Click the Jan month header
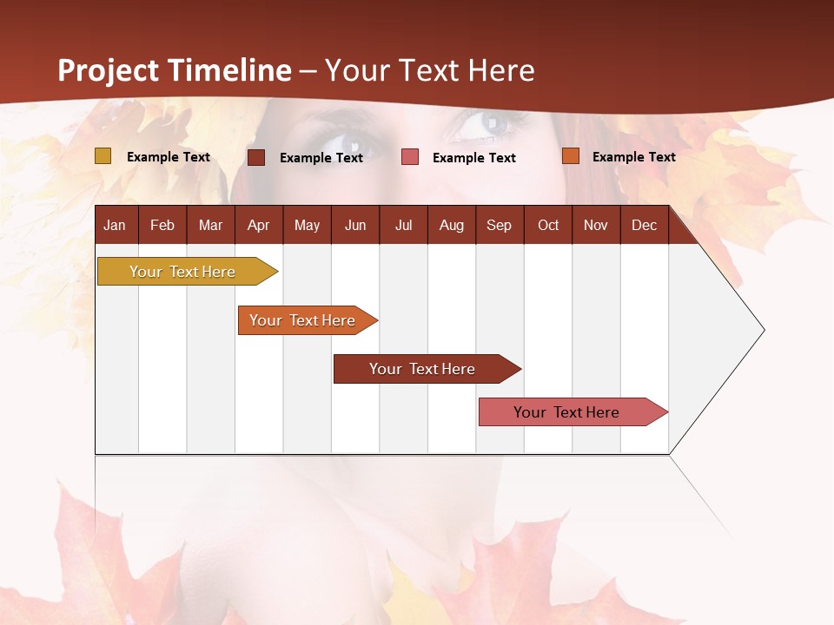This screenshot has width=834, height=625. pos(115,226)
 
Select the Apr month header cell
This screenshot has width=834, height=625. pos(258,226)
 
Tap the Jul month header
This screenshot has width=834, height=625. pos(403,226)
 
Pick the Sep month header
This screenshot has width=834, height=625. pos(499,226)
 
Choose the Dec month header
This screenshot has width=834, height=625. pos(644,226)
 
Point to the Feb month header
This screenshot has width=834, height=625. pos(162,226)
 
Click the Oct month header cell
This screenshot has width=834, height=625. pos(548,226)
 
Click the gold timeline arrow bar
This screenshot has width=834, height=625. pos(183,272)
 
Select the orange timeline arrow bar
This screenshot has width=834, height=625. pos(303,320)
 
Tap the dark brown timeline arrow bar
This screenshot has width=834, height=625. pos(422,369)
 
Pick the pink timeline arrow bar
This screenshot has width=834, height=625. pos(567,412)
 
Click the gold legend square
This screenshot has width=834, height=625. pos(103,156)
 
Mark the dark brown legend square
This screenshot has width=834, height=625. pos(256,157)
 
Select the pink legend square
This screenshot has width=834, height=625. pos(410,157)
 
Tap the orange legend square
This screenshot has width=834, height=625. pos(571,156)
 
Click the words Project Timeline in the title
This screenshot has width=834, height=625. pos(175,70)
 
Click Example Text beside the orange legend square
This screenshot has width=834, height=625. pos(633,157)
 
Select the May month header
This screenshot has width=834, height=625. pos(307,226)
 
